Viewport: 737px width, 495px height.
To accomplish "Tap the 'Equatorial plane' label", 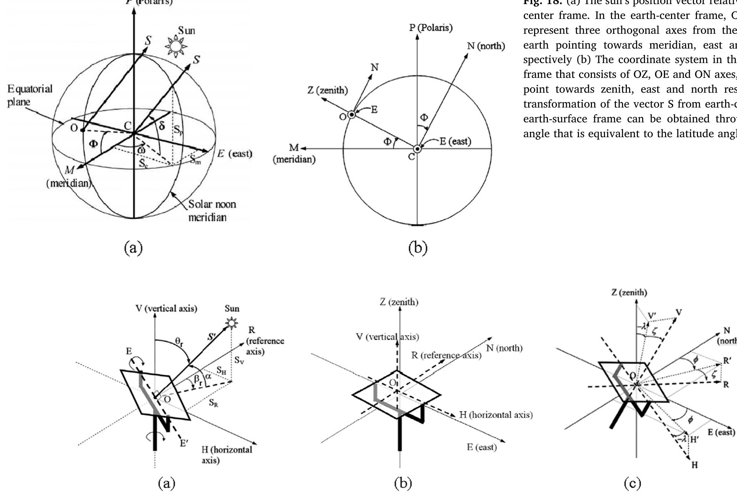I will pyautogui.click(x=30, y=95).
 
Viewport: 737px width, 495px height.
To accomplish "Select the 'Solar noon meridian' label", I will pyautogui.click(x=212, y=210).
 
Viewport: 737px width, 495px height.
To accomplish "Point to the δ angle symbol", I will pyautogui.click(x=162, y=126).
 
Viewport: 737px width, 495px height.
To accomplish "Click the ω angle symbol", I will pyautogui.click(x=141, y=150).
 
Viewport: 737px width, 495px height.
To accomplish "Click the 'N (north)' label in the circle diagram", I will pyautogui.click(x=486, y=46).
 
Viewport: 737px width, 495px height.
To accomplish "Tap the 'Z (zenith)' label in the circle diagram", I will pyautogui.click(x=328, y=90).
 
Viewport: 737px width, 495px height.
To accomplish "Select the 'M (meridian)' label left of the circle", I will pyautogui.click(x=294, y=154).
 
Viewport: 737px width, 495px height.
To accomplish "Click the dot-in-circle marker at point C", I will pyautogui.click(x=417, y=149).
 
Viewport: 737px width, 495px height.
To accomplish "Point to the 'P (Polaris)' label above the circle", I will pyautogui.click(x=431, y=28).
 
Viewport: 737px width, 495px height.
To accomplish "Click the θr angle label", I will pyautogui.click(x=179, y=343).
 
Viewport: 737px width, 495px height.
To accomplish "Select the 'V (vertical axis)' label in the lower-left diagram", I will pyautogui.click(x=166, y=308).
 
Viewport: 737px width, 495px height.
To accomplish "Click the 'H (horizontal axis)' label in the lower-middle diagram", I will pyautogui.click(x=496, y=415).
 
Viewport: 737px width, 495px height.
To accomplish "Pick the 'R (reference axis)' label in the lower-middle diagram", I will pyautogui.click(x=446, y=355).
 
